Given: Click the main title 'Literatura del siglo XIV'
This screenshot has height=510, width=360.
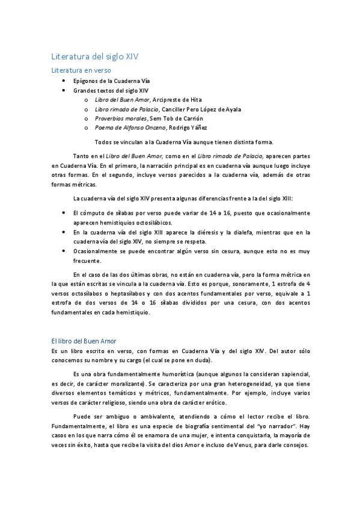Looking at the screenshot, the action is [x=95, y=57].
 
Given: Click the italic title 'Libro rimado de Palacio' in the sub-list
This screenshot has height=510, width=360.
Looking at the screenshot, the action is [x=127, y=109].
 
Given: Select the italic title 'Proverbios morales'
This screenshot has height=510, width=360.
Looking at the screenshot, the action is [x=121, y=118].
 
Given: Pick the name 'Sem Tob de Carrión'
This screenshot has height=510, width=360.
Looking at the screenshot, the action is [x=177, y=118].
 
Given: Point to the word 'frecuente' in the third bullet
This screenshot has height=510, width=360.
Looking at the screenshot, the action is [x=87, y=260].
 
